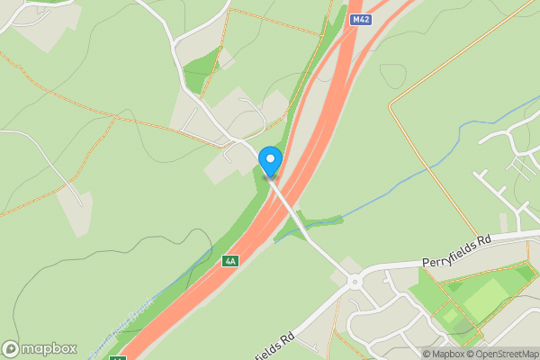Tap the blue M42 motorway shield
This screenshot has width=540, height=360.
361,19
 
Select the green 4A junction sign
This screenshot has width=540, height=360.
230,261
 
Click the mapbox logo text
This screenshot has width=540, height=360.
49,348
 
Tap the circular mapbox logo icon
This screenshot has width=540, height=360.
11,348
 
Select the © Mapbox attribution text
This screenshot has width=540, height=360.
442,354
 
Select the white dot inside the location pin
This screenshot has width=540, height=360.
270,159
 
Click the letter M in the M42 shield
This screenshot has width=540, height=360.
355,19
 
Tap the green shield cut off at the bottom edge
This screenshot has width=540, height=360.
117,357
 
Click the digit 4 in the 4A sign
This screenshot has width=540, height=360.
228,261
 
